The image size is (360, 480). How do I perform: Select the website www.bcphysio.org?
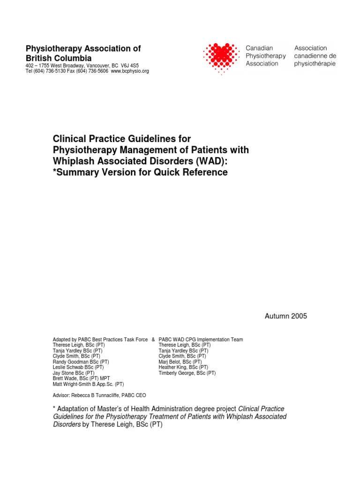130,71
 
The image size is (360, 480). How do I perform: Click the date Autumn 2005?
286,316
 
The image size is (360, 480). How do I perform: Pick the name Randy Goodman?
70,362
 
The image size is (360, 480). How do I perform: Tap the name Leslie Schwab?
69,367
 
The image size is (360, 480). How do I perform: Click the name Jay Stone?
65,373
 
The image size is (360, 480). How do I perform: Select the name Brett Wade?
66,379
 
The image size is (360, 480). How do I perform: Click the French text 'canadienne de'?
315,56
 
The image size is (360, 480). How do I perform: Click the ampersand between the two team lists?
153,339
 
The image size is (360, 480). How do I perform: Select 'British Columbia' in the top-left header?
59,58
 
